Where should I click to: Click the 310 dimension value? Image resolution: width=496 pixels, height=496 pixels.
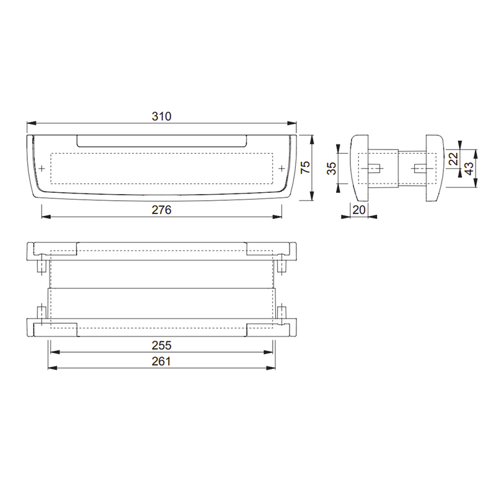[x=161, y=116]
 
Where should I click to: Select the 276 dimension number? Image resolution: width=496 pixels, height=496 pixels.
[x=161, y=210]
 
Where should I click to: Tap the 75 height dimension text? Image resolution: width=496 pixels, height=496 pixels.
[x=304, y=168]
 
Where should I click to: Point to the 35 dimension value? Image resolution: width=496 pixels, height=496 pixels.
[x=332, y=168]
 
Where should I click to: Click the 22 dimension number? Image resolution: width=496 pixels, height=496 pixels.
[x=453, y=158]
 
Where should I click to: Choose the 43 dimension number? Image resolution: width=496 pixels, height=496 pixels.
[x=469, y=167]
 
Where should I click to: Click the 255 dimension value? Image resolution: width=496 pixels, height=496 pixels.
[x=161, y=345]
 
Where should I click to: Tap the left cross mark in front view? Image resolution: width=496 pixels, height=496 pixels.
[x=42, y=169]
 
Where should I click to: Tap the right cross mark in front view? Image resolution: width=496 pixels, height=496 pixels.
[x=281, y=169]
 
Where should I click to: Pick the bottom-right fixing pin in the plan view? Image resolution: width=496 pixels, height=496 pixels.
[x=282, y=312]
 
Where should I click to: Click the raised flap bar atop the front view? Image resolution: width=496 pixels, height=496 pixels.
[x=162, y=139]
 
